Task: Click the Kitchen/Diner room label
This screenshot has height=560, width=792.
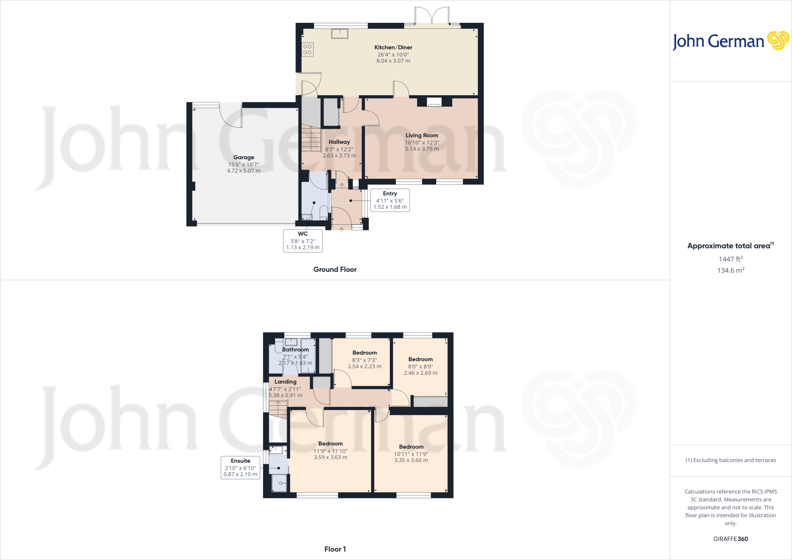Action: point(393,47)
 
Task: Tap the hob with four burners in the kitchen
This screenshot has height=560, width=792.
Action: point(307,50)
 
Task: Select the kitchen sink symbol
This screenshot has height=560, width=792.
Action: point(340,34)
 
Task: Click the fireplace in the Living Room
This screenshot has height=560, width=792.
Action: point(434,102)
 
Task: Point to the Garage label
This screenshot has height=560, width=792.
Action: point(244,157)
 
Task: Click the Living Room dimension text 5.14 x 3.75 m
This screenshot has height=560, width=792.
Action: point(422,149)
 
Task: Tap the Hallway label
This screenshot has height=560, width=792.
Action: point(339,142)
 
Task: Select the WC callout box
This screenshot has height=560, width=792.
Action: point(303,241)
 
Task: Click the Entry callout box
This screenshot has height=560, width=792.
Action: point(390,200)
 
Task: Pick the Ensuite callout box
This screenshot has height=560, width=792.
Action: point(240,468)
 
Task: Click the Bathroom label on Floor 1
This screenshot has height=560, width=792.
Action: point(295,350)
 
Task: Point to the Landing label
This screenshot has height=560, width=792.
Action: point(285,382)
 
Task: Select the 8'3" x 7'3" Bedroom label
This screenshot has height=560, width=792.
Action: point(365,353)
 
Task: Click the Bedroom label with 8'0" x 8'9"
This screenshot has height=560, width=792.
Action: point(420,359)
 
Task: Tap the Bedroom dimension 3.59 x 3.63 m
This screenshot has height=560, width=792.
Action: point(330,458)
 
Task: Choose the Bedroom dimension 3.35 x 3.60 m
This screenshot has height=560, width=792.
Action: point(411,461)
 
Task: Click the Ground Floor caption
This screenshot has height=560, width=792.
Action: point(335,270)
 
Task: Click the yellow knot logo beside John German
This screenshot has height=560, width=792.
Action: point(778,41)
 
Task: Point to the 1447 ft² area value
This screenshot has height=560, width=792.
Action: point(731,259)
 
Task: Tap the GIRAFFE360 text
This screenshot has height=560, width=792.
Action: point(731,539)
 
